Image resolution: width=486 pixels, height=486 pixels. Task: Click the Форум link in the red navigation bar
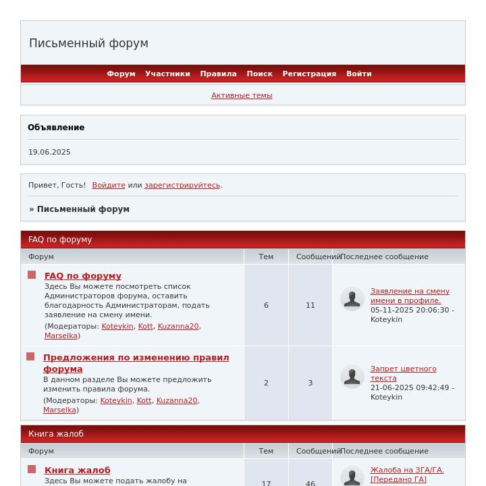point(121,74)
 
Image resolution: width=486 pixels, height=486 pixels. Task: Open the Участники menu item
point(167,74)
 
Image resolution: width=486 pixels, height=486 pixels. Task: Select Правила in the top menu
point(218,74)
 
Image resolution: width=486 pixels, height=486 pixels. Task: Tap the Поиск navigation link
point(259,74)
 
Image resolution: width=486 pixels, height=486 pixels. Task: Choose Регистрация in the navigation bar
point(309,74)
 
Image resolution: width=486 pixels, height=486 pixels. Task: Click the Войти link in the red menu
point(358,74)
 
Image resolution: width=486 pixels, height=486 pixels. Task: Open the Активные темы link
point(242,95)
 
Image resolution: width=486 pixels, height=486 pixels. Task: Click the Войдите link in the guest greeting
point(109,185)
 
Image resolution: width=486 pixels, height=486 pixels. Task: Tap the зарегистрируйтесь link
point(182,185)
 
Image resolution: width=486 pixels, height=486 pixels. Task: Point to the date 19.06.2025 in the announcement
point(49,152)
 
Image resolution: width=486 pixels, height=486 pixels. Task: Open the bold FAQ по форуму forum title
point(83,275)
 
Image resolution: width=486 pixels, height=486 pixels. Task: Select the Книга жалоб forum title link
point(78,470)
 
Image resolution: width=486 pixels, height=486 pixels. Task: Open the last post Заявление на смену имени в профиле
point(409,296)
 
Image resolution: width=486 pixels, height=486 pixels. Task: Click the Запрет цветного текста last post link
point(403,373)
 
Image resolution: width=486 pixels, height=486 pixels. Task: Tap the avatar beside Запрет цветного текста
point(352,377)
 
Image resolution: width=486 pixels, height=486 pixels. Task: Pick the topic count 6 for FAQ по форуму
point(266,305)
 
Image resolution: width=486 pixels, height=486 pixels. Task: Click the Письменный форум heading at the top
point(88,43)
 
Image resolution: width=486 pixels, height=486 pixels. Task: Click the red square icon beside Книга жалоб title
point(32,469)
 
